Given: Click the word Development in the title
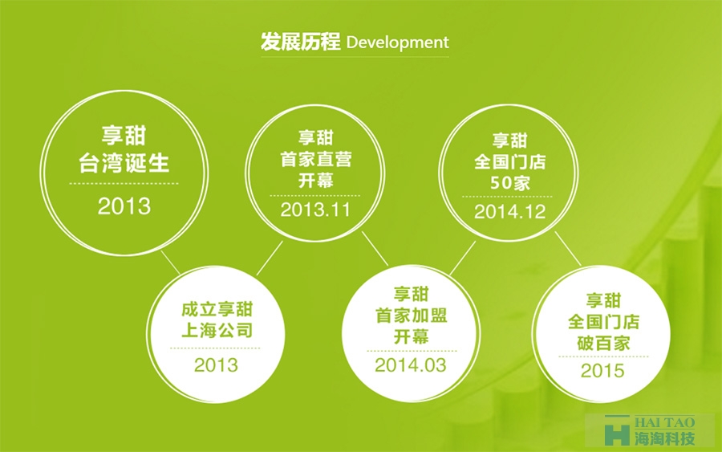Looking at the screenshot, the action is click(x=397, y=43).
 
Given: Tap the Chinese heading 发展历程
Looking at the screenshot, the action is click(x=301, y=42).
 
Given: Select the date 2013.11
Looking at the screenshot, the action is click(x=315, y=210).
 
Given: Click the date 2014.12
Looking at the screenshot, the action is click(x=509, y=212).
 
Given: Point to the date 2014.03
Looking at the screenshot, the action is click(x=411, y=365).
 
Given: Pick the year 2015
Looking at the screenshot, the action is click(x=602, y=370).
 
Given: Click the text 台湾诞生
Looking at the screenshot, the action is click(x=124, y=163).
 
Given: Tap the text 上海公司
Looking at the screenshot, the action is click(x=217, y=330).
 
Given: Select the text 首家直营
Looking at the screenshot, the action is click(x=316, y=160).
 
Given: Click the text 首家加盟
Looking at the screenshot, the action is click(x=412, y=316).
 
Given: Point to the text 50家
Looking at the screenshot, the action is click(x=509, y=183).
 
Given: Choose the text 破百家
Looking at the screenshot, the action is click(x=603, y=344).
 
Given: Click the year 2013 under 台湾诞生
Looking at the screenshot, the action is click(x=124, y=206).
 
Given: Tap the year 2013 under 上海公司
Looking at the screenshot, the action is click(x=216, y=365).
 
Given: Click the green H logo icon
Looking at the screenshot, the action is click(x=617, y=430).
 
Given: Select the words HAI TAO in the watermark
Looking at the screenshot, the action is click(x=664, y=422).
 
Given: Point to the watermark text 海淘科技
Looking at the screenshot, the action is click(x=664, y=438).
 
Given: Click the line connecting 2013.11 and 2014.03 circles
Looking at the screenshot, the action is click(x=375, y=248).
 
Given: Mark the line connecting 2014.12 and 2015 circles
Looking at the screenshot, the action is click(x=568, y=248).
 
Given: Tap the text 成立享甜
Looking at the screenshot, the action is click(x=217, y=309).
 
